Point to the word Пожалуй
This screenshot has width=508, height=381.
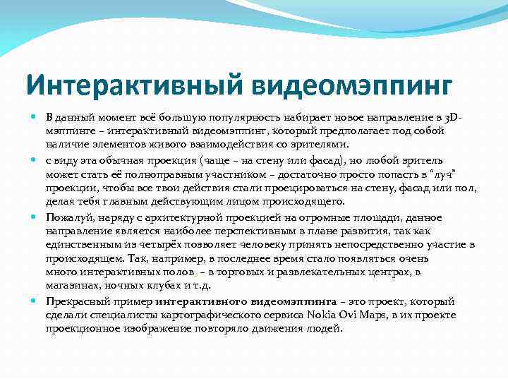coord(67,217)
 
